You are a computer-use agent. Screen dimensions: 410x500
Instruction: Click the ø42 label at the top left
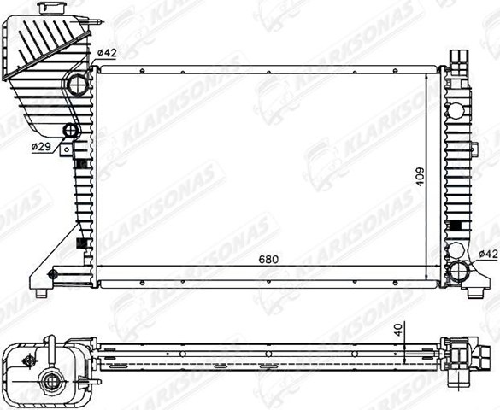(106, 53)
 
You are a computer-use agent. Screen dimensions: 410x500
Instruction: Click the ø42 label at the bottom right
(488, 253)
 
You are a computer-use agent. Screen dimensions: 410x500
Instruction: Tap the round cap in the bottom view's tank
(50, 382)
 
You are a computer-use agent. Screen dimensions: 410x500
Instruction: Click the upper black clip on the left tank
(81, 162)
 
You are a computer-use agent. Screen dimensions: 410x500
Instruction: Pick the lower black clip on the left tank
(82, 240)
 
